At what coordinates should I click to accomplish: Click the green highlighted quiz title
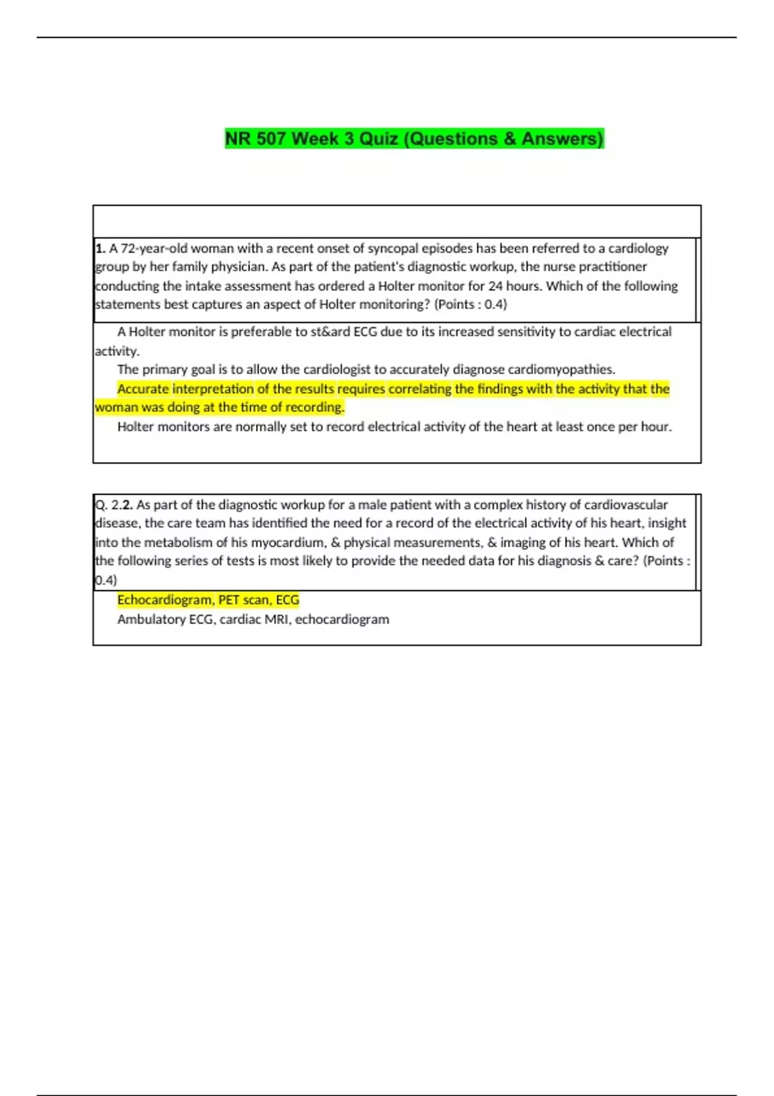[x=414, y=139]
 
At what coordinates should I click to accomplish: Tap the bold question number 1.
[x=100, y=248]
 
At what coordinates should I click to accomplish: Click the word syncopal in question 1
[x=393, y=248]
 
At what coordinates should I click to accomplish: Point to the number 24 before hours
[x=495, y=286]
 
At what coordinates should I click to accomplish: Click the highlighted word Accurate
[x=143, y=389]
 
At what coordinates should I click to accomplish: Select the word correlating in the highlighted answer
[x=419, y=389]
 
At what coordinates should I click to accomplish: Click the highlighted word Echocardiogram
[x=164, y=600]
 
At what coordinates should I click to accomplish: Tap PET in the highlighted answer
[x=229, y=600]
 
